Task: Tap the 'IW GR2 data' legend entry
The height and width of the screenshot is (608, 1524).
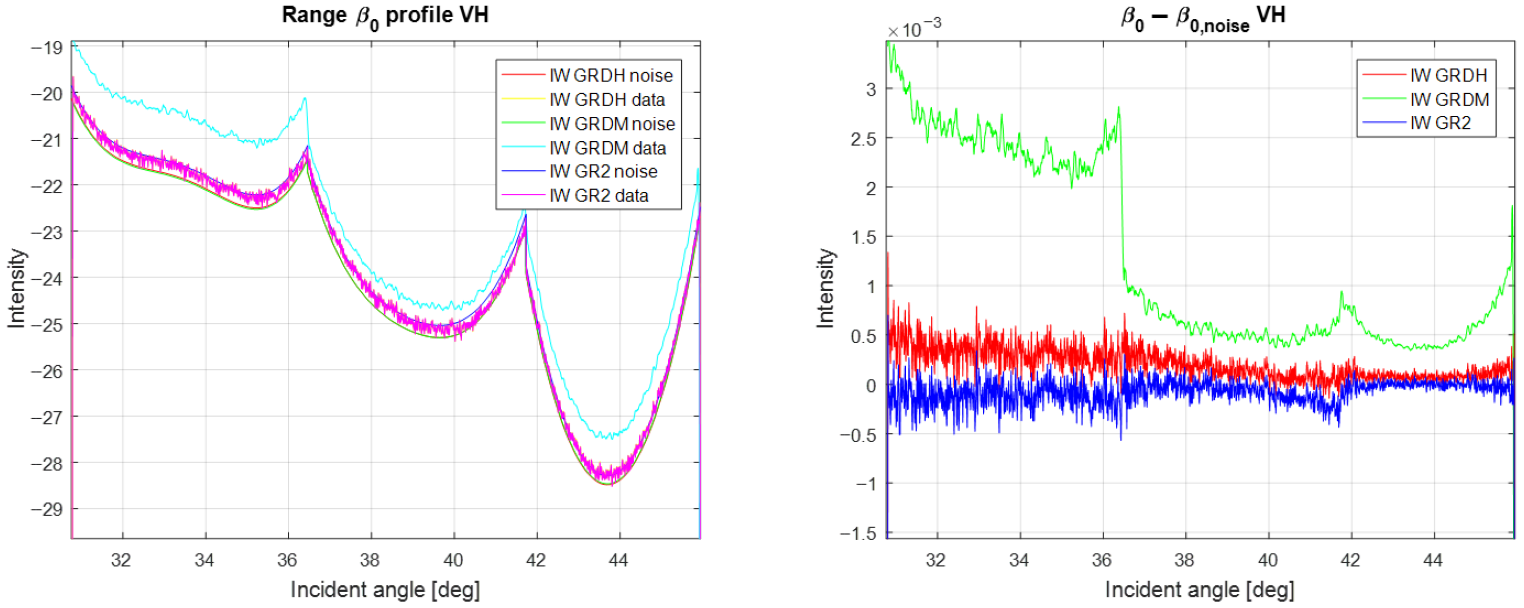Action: pos(598,195)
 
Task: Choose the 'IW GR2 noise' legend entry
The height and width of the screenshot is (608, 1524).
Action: pos(603,171)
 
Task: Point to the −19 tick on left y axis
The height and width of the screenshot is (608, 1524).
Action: pos(46,47)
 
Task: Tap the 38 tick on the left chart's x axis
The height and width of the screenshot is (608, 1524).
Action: pos(370,559)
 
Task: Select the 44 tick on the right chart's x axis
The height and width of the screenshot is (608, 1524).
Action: pos(1434,559)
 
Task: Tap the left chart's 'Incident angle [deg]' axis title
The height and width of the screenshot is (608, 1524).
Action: pos(385,590)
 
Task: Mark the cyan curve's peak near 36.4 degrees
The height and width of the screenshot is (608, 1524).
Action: pos(305,99)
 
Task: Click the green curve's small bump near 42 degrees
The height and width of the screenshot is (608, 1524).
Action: pos(1342,293)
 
